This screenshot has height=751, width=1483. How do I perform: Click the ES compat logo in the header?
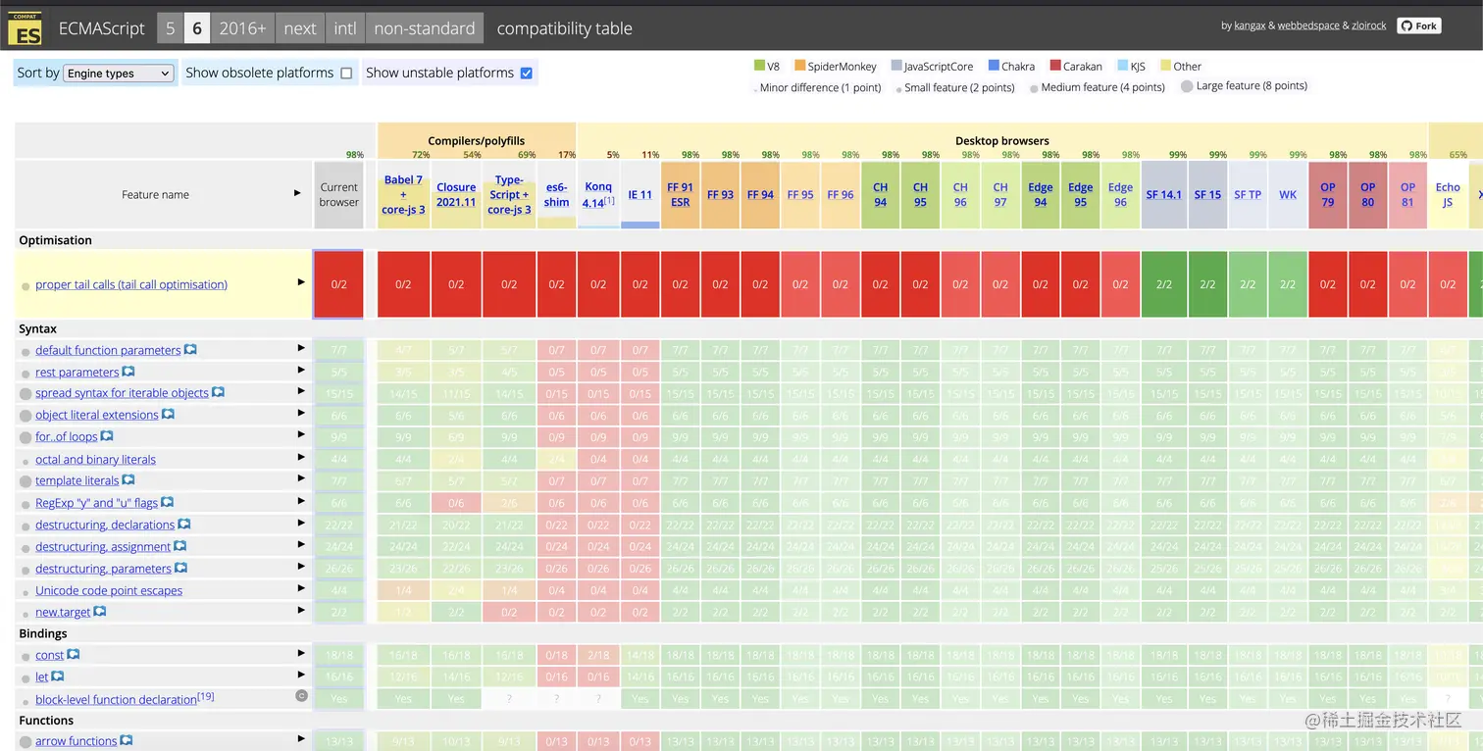tap(25, 29)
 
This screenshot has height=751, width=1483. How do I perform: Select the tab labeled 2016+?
tap(242, 28)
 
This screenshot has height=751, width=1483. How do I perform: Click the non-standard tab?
tap(424, 28)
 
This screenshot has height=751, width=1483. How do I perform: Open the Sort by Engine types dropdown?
tap(118, 74)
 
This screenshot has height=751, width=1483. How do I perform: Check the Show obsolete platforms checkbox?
tap(346, 74)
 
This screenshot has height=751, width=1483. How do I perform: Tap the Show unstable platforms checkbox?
tap(527, 74)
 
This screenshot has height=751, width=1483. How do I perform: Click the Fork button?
tap(1419, 25)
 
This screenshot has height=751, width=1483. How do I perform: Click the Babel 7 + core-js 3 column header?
tap(403, 194)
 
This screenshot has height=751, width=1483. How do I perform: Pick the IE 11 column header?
tap(639, 195)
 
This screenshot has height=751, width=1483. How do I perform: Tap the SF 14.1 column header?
tap(1164, 195)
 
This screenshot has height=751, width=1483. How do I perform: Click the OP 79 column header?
tap(1327, 194)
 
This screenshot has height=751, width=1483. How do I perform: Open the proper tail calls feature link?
tap(131, 284)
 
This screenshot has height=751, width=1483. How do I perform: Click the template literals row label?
tap(77, 480)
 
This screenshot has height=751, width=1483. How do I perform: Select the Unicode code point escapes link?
tap(109, 590)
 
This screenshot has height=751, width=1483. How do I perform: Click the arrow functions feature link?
tap(76, 741)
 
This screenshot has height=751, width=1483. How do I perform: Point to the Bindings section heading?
tap(43, 633)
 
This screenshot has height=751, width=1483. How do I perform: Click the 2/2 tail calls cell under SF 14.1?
tap(1164, 284)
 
